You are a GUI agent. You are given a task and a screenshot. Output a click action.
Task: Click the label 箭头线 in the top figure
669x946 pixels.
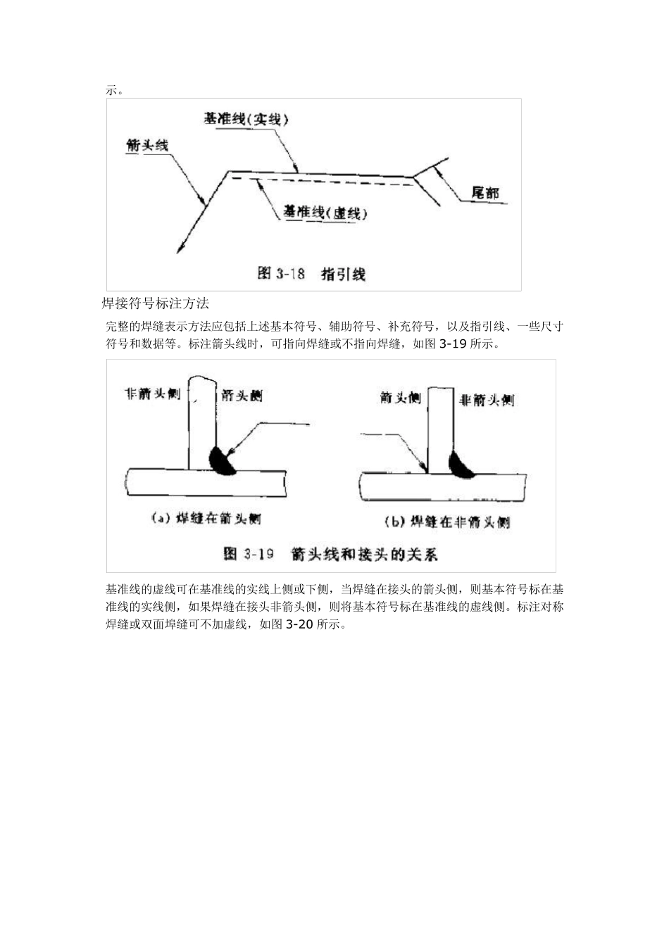click(x=146, y=146)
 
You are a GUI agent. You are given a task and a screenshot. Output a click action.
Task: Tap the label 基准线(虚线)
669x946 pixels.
click(x=325, y=212)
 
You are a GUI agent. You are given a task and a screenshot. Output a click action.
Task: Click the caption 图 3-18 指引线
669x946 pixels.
click(x=311, y=274)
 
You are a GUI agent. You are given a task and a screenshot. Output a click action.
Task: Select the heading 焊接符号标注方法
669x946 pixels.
click(x=156, y=304)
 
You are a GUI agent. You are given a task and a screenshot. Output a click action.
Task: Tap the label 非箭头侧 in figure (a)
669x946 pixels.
click(x=151, y=394)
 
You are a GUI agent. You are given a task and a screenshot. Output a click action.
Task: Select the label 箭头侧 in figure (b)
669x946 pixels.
click(x=399, y=398)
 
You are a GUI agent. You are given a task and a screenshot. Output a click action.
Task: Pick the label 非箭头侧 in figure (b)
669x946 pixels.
click(x=486, y=400)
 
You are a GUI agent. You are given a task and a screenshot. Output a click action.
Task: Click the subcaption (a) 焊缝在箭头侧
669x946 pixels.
click(x=206, y=519)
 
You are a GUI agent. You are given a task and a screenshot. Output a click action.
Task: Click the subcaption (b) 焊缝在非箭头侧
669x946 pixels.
click(x=446, y=522)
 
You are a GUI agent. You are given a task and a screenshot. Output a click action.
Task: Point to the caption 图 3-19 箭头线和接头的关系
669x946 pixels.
click(x=330, y=554)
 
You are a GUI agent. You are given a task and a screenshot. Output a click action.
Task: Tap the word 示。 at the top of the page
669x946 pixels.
click(x=115, y=90)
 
